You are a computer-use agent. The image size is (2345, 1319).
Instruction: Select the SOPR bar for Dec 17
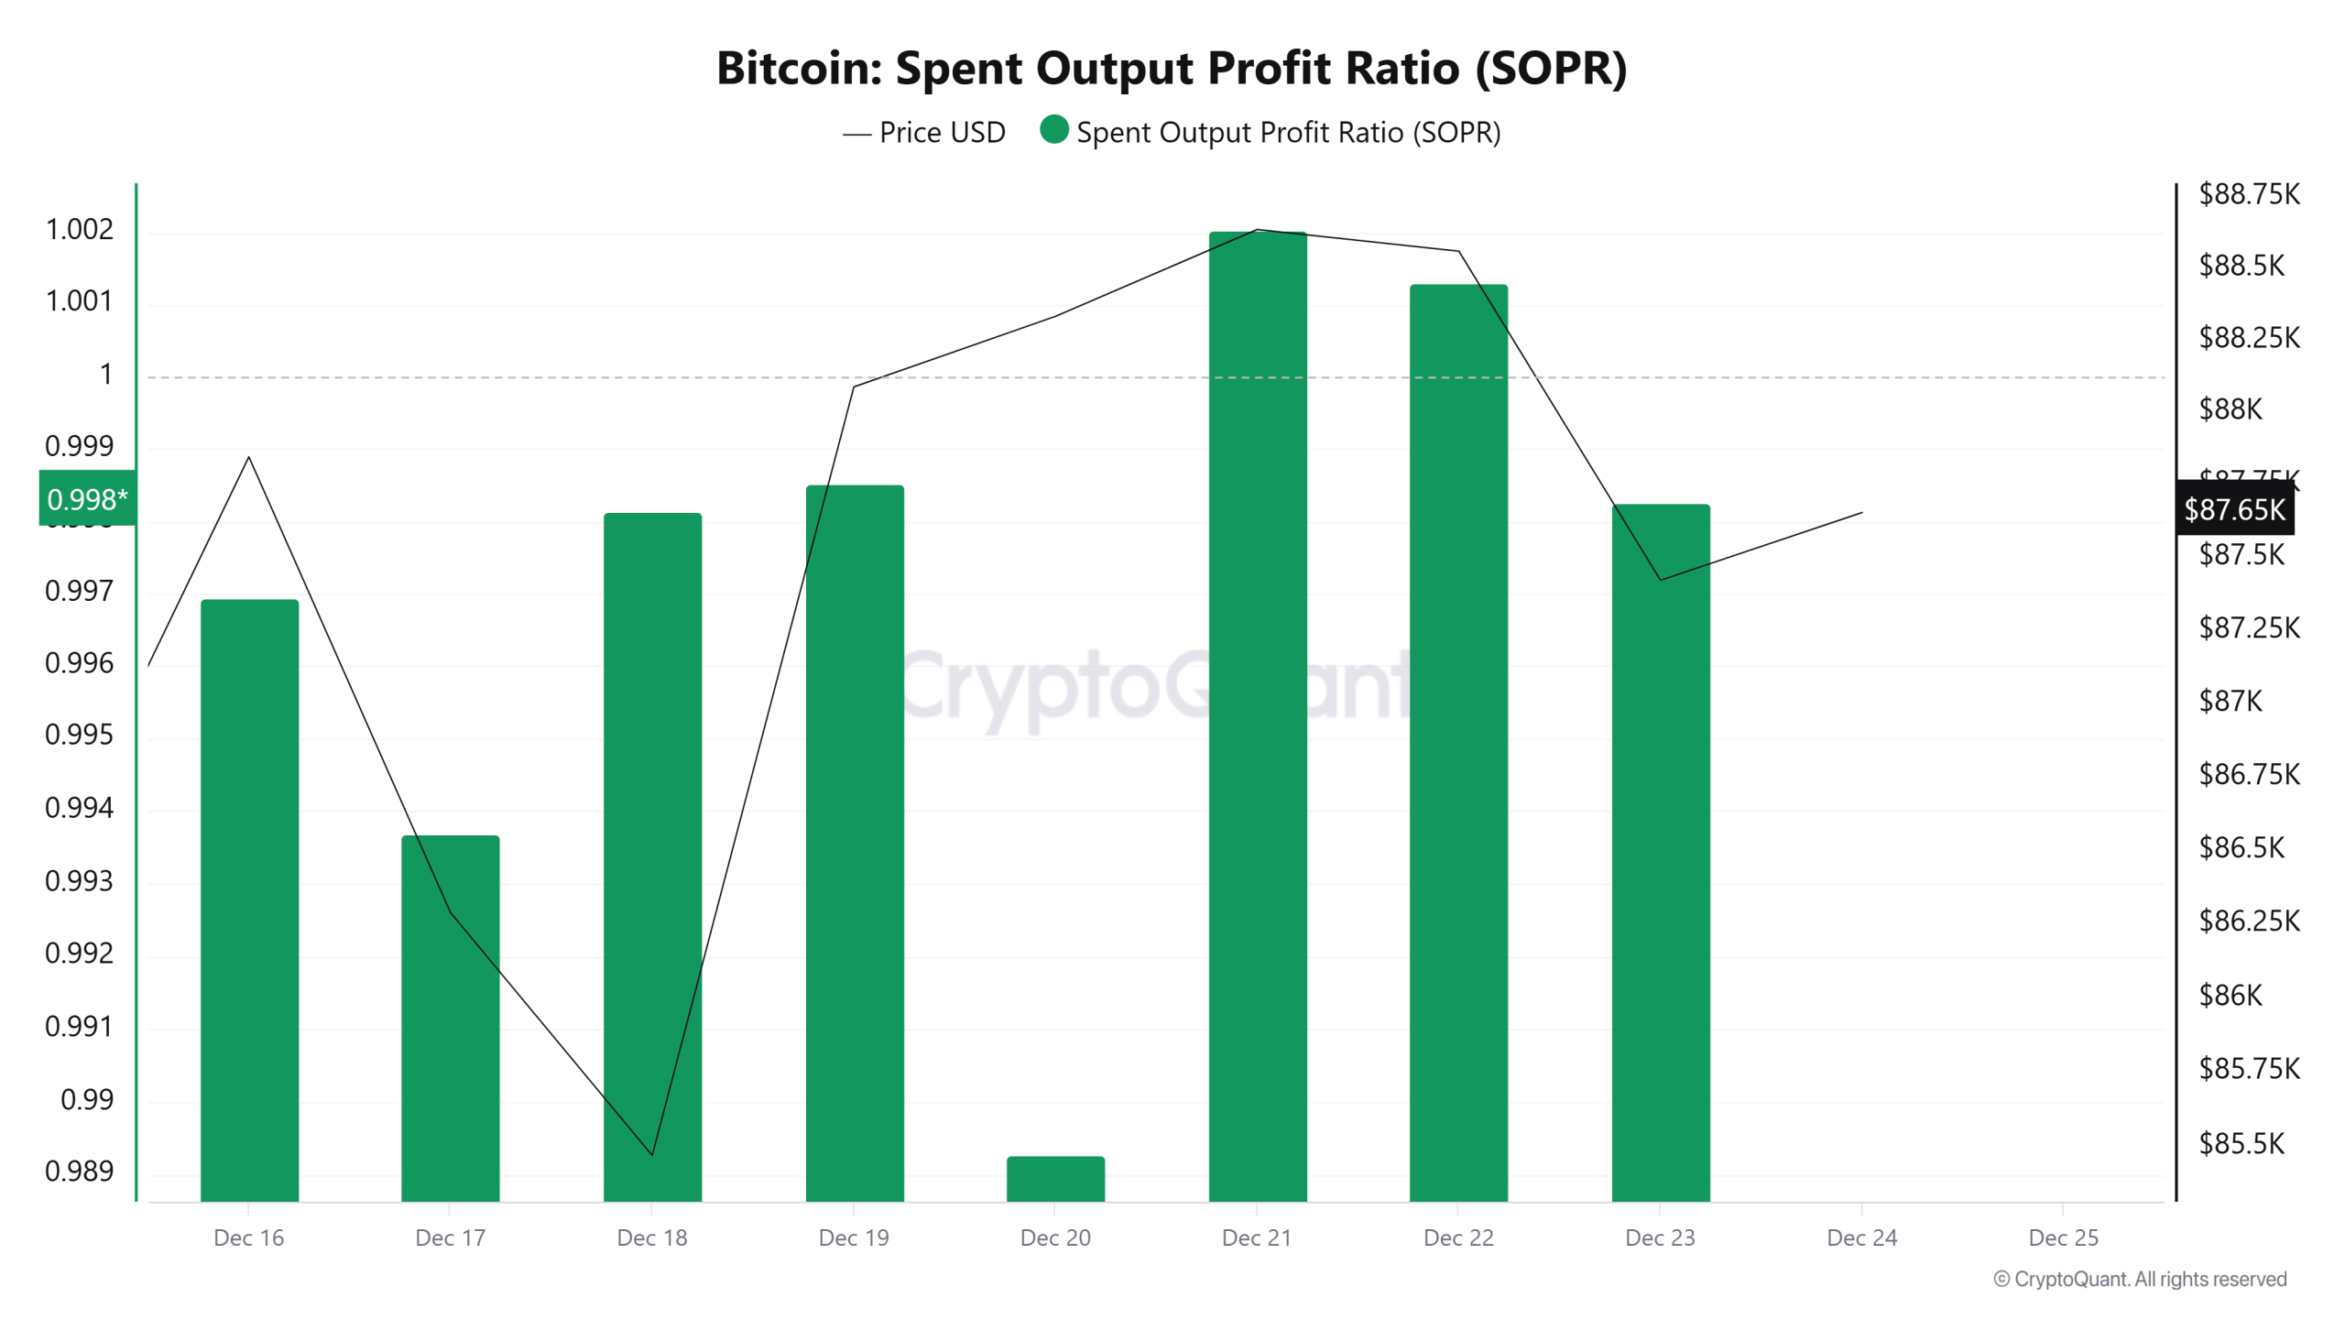[450, 1017]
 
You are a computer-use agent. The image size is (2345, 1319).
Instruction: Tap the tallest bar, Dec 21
[1257, 714]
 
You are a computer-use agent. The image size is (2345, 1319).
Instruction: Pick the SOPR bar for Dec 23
[1660, 852]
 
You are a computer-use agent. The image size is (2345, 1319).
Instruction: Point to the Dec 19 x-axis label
[853, 1237]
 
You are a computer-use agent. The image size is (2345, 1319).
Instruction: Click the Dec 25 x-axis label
[2063, 1237]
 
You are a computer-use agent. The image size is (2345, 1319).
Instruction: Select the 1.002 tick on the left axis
[80, 229]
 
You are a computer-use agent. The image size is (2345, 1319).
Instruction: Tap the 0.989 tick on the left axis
[80, 1171]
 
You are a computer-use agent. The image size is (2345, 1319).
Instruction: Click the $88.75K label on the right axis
[2249, 194]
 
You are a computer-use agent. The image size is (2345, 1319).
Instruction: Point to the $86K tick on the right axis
[2230, 995]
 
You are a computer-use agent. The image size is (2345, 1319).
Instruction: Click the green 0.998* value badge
[87, 499]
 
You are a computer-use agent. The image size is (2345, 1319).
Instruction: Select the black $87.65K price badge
[2234, 509]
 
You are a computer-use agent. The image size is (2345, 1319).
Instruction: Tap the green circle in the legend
[1054, 130]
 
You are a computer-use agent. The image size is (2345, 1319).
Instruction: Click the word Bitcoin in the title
[797, 69]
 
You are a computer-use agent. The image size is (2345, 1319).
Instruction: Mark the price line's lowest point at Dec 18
[652, 1154]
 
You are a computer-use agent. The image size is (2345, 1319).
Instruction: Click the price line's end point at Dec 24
[1861, 513]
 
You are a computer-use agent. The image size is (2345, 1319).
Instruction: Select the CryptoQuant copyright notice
[2140, 1279]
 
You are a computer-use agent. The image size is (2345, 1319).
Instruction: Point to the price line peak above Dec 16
[249, 457]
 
